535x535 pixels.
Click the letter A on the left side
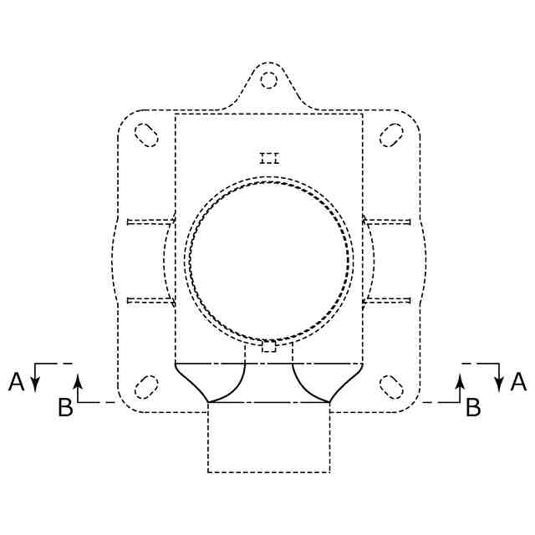coord(17,381)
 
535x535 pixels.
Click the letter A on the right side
coord(518,381)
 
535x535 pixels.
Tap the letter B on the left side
coord(65,407)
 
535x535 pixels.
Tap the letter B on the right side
coord(473,407)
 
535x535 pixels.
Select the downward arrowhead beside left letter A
coord(35,384)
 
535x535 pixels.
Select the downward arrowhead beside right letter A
coord(499,384)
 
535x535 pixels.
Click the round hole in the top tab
coord(268,80)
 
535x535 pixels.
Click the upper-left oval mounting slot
coord(146,135)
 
